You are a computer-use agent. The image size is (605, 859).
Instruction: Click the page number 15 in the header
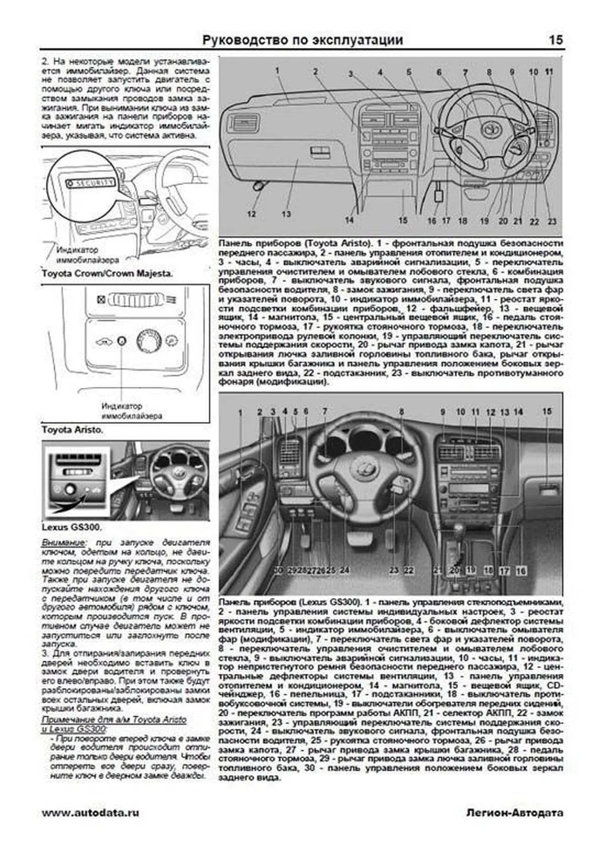point(556,40)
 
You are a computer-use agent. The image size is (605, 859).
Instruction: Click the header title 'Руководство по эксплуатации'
point(302,40)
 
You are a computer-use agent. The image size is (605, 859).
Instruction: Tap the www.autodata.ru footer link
point(90,813)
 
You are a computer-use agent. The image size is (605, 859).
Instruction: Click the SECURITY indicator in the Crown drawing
point(92,183)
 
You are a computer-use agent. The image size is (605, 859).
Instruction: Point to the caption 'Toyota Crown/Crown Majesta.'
point(107,273)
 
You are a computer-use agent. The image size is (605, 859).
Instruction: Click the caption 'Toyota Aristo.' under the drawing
point(72,430)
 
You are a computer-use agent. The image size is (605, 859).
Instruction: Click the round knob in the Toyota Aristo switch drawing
point(147,341)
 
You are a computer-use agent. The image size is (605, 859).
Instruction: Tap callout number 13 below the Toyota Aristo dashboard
point(286,214)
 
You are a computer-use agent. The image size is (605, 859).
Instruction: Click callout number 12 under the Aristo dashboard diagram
point(251,214)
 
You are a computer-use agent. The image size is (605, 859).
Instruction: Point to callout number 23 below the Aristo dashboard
point(552,221)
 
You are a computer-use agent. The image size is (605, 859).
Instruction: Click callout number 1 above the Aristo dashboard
point(277,71)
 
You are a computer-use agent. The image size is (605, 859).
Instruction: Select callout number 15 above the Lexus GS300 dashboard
point(547,412)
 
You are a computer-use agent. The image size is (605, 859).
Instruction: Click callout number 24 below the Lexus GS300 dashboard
point(344,570)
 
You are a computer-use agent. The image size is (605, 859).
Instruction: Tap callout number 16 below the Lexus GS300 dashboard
point(521,571)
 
